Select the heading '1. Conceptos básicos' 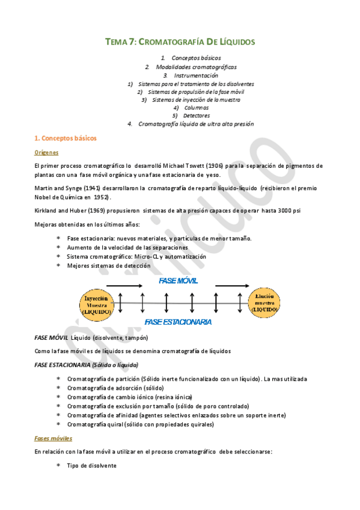pos(66,138)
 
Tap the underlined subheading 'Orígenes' pos(46,153)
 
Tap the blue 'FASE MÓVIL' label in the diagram pos(178,281)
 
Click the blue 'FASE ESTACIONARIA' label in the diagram pos(178,322)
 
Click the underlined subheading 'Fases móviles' pos(53,438)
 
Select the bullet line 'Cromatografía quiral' pos(139,424)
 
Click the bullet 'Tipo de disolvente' pos(91,466)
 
